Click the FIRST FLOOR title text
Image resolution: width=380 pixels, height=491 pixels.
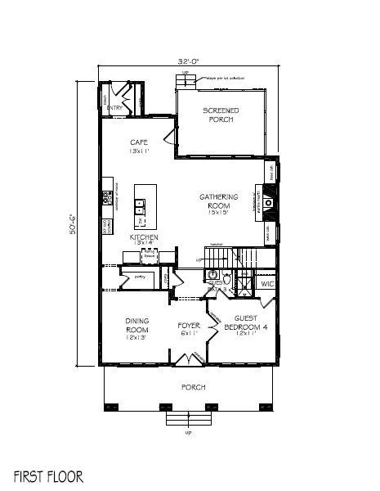[x=48, y=475]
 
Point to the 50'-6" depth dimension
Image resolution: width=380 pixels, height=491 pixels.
[x=72, y=223]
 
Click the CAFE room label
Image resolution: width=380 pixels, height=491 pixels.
[x=138, y=146]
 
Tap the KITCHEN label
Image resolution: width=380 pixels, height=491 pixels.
[x=143, y=240]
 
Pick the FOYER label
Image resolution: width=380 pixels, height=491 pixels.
[x=189, y=329]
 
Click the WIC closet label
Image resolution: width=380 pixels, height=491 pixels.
[x=266, y=284]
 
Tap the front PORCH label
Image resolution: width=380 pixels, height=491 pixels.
[x=193, y=386]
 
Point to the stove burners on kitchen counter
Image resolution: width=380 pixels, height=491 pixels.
[x=106, y=197]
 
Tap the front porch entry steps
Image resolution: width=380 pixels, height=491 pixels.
[x=188, y=420]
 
